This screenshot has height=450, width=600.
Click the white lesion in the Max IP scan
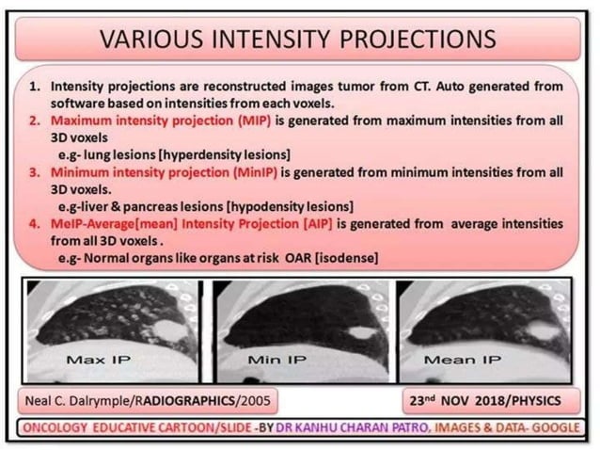click(170, 330)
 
